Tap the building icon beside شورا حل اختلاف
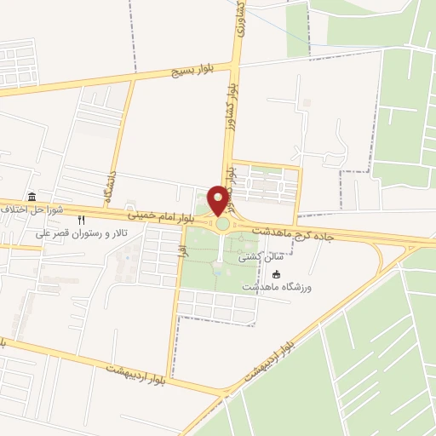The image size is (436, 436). [32, 197]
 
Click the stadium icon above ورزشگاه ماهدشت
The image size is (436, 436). [276, 274]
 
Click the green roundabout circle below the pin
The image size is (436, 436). [222, 224]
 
